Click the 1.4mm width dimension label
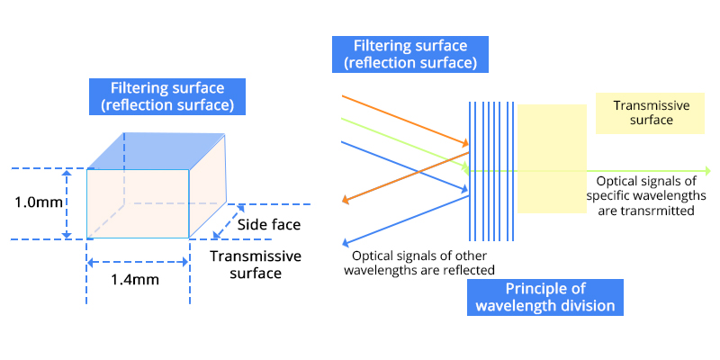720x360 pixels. pyautogui.click(x=134, y=279)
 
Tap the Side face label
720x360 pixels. pyautogui.click(x=268, y=225)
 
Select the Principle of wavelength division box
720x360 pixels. pyautogui.click(x=544, y=297)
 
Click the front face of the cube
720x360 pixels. pyautogui.click(x=138, y=203)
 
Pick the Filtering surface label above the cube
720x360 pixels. pyautogui.click(x=167, y=97)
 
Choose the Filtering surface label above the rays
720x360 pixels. pyautogui.click(x=409, y=54)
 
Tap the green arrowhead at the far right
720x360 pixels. pyautogui.click(x=707, y=170)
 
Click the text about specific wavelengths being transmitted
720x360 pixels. pyautogui.click(x=645, y=195)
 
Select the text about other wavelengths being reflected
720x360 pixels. pyautogui.click(x=420, y=263)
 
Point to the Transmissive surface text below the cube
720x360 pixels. pyautogui.click(x=256, y=265)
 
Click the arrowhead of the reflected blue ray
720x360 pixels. pyautogui.click(x=346, y=242)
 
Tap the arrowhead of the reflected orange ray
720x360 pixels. pyautogui.click(x=346, y=201)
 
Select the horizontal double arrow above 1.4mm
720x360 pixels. pyautogui.click(x=138, y=262)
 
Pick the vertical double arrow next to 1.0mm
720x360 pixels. pyautogui.click(x=66, y=203)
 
